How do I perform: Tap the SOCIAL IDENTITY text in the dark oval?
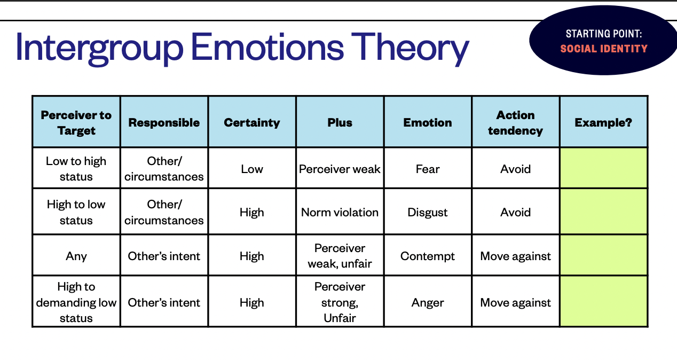[604, 49]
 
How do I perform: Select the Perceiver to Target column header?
[76, 123]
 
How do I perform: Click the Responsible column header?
[164, 123]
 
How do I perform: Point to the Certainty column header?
[252, 123]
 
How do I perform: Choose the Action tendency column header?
[515, 123]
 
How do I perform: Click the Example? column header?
[603, 123]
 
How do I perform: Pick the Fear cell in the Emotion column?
[428, 169]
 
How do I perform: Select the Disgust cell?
[428, 213]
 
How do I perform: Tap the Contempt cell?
[428, 256]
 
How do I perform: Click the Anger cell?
[428, 303]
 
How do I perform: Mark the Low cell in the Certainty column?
[252, 169]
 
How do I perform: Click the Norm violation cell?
[340, 213]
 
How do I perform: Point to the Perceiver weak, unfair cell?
[340, 256]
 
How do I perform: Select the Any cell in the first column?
[76, 256]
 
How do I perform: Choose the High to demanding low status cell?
[76, 302]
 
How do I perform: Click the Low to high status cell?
[76, 169]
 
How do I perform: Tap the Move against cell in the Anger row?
[515, 303]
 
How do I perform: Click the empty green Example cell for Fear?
[603, 168]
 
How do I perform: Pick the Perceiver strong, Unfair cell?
[340, 302]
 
